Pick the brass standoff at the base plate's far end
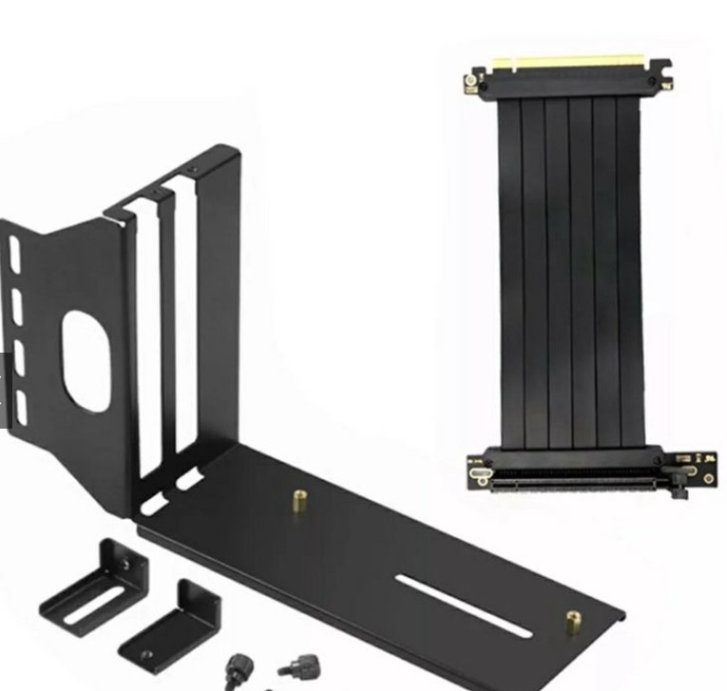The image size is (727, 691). click(574, 623)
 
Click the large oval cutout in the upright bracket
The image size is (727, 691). click(86, 362)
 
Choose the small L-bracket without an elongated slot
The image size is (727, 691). click(171, 627)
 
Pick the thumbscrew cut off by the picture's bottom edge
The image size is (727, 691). click(235, 674)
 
